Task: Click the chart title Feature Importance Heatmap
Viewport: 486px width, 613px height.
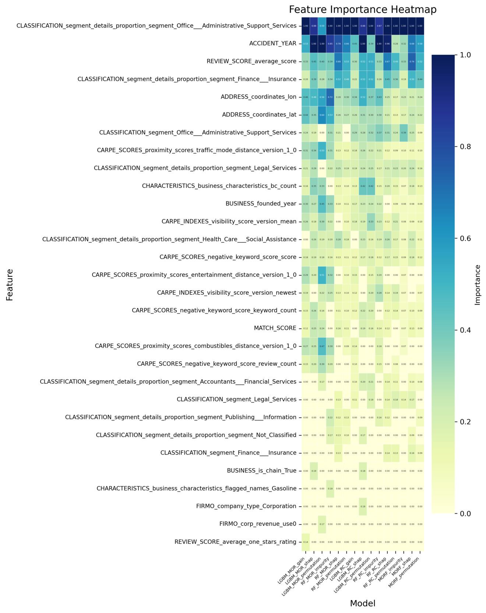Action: pos(362,10)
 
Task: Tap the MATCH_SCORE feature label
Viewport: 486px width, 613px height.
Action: pos(275,328)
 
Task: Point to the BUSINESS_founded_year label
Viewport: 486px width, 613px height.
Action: pos(261,204)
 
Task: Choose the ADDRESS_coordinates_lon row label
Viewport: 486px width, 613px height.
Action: pos(258,97)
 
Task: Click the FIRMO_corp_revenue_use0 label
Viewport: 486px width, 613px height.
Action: pos(258,524)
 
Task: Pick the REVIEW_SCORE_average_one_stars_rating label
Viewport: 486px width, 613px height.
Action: pos(235,542)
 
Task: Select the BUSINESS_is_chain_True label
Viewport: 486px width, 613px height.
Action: pos(261,471)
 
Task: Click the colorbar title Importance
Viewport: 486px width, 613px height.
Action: pos(478,285)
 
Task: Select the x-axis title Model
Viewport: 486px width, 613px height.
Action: pos(362,603)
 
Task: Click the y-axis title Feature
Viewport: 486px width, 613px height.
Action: pos(10,285)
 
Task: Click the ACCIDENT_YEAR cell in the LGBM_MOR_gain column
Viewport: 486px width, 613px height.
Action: pos(306,44)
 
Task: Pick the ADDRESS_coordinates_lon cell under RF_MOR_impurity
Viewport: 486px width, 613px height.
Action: pos(330,97)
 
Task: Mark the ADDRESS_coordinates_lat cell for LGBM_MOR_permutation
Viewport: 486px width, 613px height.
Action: pos(322,115)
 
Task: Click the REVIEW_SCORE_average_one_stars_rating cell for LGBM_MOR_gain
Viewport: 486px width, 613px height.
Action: pos(306,542)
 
